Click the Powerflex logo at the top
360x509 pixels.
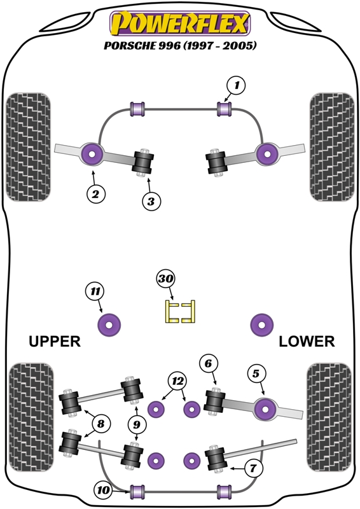(180, 24)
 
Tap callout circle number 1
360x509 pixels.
(237, 85)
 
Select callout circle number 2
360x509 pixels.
(96, 194)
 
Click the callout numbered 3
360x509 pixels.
(151, 201)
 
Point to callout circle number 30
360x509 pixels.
(165, 279)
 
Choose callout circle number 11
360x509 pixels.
(95, 291)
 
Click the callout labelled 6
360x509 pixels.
(209, 363)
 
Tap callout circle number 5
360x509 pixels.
(256, 373)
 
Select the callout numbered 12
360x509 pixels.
(177, 381)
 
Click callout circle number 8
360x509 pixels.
(100, 424)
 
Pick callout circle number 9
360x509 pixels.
(137, 424)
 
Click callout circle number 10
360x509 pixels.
(104, 490)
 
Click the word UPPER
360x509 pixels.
(55, 342)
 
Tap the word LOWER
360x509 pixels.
(307, 342)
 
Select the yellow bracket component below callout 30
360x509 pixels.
(180, 312)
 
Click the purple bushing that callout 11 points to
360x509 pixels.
(109, 324)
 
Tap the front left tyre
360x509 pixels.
(29, 147)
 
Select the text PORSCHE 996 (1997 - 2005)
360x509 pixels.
(180, 45)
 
